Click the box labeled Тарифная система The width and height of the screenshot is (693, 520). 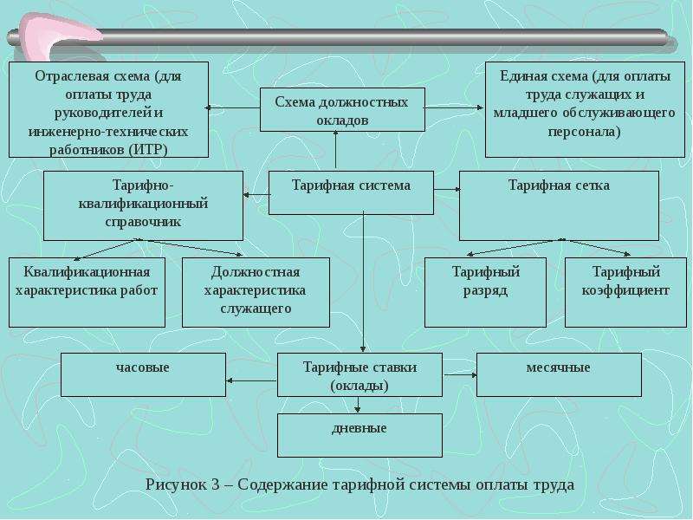(x=352, y=192)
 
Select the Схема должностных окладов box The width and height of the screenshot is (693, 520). (x=342, y=110)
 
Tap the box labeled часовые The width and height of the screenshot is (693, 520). (x=143, y=374)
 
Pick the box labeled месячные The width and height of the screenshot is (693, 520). (x=559, y=374)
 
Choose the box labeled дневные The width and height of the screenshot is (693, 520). (x=359, y=435)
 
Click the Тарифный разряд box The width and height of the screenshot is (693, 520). (x=485, y=292)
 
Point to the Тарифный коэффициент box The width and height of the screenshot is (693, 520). (x=625, y=292)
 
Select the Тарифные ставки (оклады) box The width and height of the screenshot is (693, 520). (x=359, y=374)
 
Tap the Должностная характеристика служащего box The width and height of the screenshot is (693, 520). (x=256, y=292)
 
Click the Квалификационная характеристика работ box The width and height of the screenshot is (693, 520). (x=87, y=292)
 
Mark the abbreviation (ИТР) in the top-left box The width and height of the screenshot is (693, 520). (x=148, y=150)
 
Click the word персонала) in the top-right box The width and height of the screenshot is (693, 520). (x=584, y=132)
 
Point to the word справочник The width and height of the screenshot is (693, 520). (x=143, y=222)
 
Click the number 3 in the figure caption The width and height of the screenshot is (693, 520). (x=215, y=484)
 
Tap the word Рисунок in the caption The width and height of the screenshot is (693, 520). (x=176, y=484)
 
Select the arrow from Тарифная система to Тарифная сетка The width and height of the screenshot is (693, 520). (x=447, y=189)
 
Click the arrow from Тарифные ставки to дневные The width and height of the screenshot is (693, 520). (x=358, y=405)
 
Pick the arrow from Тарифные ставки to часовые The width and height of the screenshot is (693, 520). (x=251, y=380)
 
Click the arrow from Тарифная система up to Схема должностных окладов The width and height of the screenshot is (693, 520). (x=336, y=149)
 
